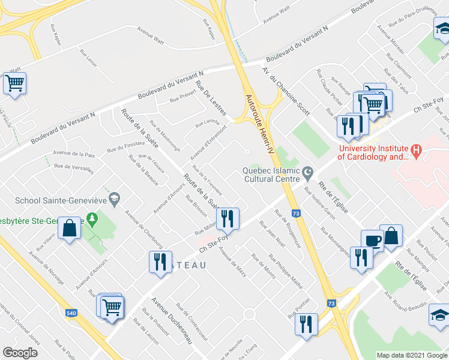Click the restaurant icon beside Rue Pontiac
306,324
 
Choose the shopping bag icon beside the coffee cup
391,236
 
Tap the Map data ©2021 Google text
411,355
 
